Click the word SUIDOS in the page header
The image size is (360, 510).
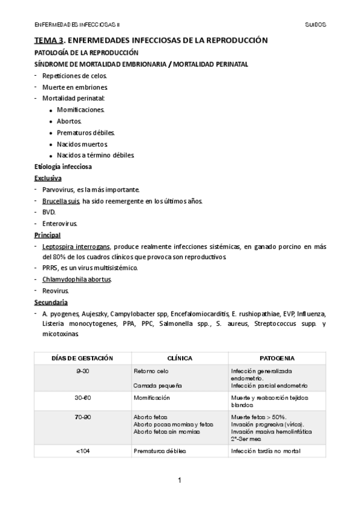pos(316,25)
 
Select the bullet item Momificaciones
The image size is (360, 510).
pos(81,109)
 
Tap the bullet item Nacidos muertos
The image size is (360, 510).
pos(82,144)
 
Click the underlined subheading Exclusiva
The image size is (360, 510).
pos(47,178)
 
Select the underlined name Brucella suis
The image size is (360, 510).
pos(61,201)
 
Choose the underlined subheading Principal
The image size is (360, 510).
pos(47,235)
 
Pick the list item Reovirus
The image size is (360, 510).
pos(56,290)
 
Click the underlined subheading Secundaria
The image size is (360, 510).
pos(50,302)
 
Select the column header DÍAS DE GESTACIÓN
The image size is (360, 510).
pos(83,358)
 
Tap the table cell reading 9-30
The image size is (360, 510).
pos(83,371)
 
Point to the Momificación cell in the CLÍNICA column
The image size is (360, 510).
pos(151,398)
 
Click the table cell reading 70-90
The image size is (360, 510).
pos(83,416)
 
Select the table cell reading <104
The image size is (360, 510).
pos(83,450)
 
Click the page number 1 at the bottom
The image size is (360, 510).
pos(179,479)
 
